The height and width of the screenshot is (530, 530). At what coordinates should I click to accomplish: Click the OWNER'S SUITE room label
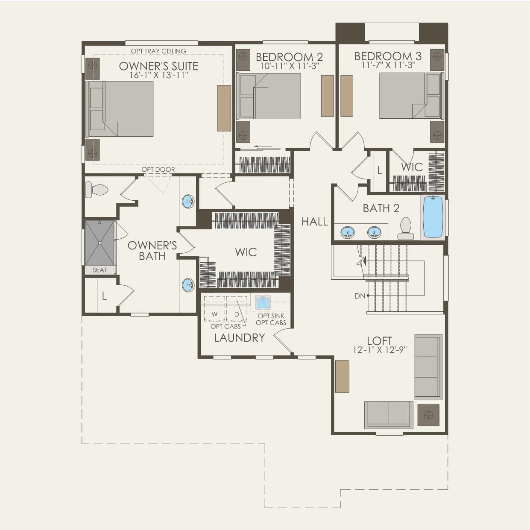click(158, 66)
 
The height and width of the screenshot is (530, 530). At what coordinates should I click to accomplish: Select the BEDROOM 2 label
click(289, 57)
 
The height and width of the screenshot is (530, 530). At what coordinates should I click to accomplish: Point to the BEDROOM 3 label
click(388, 56)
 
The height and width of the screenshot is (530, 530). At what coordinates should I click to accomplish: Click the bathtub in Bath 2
click(433, 217)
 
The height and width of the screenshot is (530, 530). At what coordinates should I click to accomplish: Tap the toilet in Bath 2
click(405, 228)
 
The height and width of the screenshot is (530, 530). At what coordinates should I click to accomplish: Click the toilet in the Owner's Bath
click(96, 190)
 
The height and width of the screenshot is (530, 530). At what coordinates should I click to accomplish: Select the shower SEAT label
click(100, 270)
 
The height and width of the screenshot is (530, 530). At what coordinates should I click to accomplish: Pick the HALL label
click(315, 222)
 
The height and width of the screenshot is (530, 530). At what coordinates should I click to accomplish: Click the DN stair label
click(360, 296)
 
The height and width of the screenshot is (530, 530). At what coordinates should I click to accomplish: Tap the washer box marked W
click(214, 308)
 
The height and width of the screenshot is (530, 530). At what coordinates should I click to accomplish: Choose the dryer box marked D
click(237, 308)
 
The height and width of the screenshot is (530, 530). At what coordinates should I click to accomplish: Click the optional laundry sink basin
click(263, 302)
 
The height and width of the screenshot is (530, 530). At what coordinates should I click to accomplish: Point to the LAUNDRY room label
click(239, 338)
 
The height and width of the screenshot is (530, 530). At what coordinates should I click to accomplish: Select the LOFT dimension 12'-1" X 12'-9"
click(380, 350)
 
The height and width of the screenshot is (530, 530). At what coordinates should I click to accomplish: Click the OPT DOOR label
click(158, 170)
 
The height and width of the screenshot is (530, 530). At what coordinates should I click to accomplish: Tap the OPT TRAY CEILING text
click(158, 51)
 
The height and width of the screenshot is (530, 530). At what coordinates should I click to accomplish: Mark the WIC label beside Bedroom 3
click(412, 167)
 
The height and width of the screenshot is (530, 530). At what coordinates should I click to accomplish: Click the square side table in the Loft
click(428, 415)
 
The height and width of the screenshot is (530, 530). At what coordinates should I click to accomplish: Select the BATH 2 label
click(381, 208)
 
